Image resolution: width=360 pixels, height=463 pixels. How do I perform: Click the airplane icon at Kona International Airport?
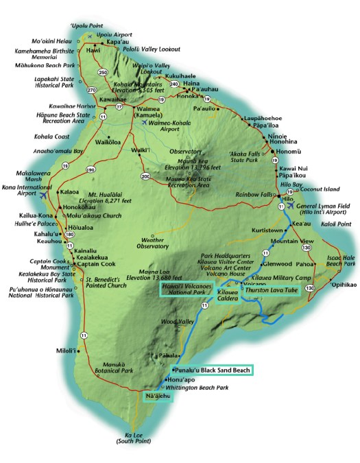pyautogui.click(x=44, y=194)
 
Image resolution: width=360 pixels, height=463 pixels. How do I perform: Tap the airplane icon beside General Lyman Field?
pyautogui.click(x=293, y=205)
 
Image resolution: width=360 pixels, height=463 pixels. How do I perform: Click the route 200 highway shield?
pyautogui.click(x=145, y=176)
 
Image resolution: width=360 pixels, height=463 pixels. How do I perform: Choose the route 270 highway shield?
pyautogui.click(x=93, y=90)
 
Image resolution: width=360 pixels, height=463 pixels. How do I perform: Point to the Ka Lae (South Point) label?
pyautogui.click(x=139, y=438)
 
